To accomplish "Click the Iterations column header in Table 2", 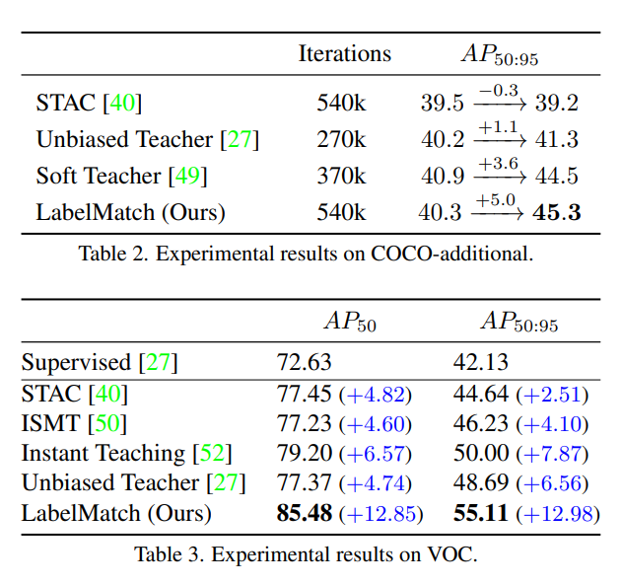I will coord(344,53).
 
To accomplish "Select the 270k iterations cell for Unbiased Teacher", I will coord(341,139).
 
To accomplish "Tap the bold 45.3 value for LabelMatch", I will coord(556,212).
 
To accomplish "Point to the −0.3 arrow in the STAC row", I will coord(498,96).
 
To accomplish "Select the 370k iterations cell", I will coord(341,176).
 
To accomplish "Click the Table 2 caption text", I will coord(306,254).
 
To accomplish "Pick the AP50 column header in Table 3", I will coord(350,322).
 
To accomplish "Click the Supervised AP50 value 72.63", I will coord(305,362).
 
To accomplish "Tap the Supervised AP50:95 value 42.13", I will coord(481,362).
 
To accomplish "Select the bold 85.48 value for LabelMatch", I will coord(304,513).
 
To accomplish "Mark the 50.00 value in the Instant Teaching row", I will coord(481,454).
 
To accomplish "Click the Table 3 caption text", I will coord(306,554).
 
